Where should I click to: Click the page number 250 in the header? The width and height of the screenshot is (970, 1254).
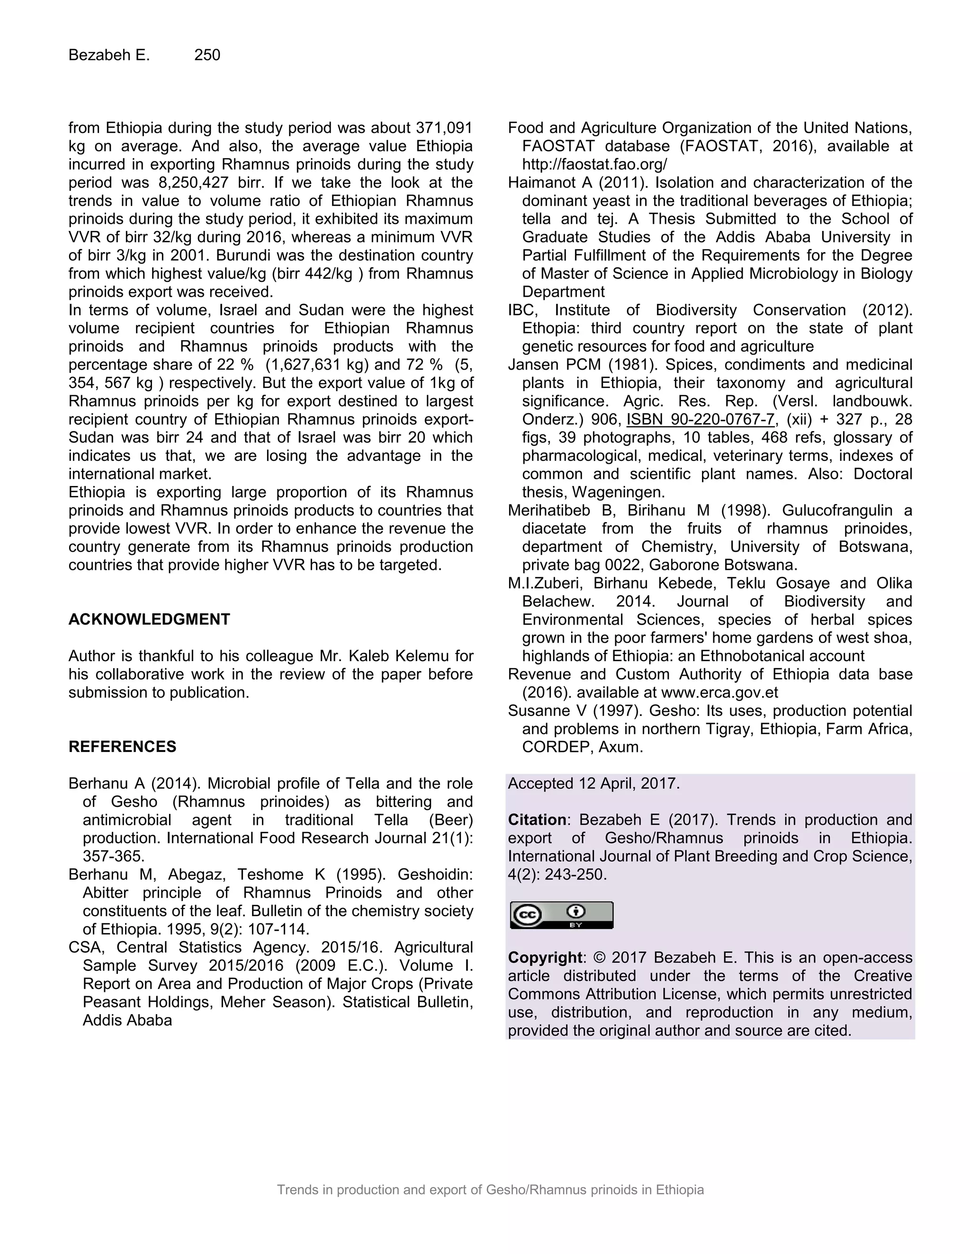pyautogui.click(x=207, y=55)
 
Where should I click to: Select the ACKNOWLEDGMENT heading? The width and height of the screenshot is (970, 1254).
pyautogui.click(x=149, y=619)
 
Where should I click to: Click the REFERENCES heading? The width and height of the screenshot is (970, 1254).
pyautogui.click(x=122, y=747)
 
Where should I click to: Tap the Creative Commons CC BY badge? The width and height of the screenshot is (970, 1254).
pyautogui.click(x=561, y=915)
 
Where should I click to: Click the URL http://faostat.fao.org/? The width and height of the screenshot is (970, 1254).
pyautogui.click(x=594, y=165)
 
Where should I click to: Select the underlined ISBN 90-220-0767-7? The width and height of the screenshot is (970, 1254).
pyautogui.click(x=700, y=419)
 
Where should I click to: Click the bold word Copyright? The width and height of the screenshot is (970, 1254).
pyautogui.click(x=544, y=958)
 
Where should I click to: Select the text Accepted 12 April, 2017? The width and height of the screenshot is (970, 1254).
pyautogui.click(x=593, y=784)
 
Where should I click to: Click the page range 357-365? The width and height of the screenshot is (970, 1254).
pyautogui.click(x=113, y=857)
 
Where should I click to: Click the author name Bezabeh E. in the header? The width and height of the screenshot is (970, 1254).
pyautogui.click(x=108, y=55)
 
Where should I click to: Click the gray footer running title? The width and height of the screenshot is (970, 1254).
pyautogui.click(x=490, y=1190)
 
